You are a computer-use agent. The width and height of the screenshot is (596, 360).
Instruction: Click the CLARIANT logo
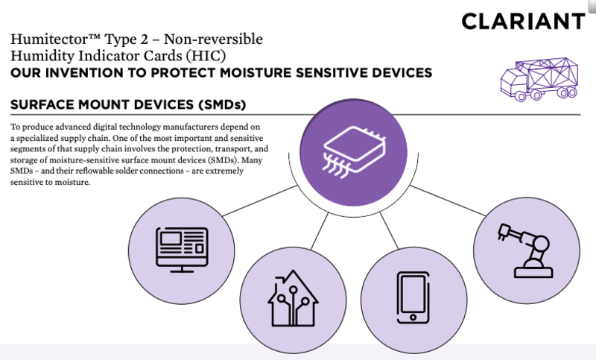point(523,22)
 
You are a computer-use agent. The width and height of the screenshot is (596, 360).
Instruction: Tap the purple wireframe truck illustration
point(539,80)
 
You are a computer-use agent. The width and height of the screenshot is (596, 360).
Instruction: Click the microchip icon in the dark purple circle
point(354,152)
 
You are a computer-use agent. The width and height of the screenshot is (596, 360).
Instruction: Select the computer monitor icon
point(182,250)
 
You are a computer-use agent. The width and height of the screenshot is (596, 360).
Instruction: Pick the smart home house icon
point(293,298)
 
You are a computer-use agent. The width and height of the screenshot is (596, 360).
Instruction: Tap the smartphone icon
point(413,297)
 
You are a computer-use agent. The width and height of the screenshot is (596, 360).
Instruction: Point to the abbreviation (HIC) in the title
point(206,56)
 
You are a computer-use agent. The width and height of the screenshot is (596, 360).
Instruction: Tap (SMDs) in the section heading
point(222,104)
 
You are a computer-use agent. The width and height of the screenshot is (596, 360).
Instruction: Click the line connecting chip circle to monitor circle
point(260,200)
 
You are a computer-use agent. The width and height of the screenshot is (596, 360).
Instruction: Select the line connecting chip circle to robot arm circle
point(448,200)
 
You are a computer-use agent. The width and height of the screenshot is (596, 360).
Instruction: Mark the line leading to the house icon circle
point(320,231)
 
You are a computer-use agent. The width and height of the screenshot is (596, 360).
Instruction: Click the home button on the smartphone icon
point(413,317)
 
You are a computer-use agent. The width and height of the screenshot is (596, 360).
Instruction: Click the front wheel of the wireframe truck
point(520,96)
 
